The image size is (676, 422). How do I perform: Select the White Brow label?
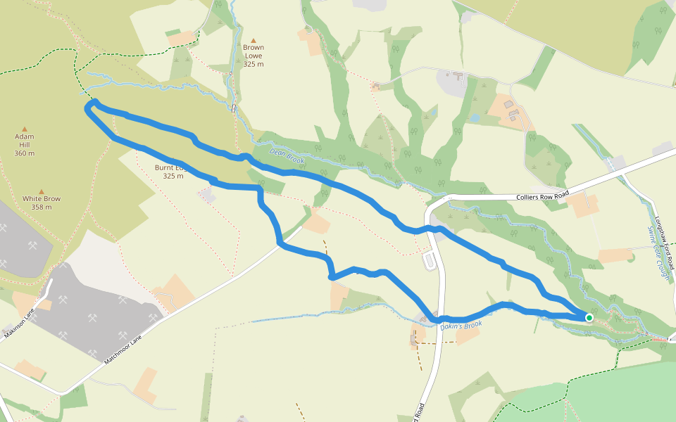tap(41, 199)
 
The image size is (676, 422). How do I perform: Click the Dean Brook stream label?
tap(287, 156)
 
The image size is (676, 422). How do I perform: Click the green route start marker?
tap(589, 318)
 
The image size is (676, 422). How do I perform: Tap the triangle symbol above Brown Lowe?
tap(254, 40)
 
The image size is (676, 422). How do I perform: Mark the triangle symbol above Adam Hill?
tap(25, 129)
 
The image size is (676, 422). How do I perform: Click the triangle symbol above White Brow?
tap(41, 191)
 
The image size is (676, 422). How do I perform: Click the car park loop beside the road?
tap(430, 261)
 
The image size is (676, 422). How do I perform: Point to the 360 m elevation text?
tap(25, 153)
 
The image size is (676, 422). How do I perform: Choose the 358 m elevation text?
tap(41, 207)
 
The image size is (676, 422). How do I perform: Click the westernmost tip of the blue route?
tap(87, 108)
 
